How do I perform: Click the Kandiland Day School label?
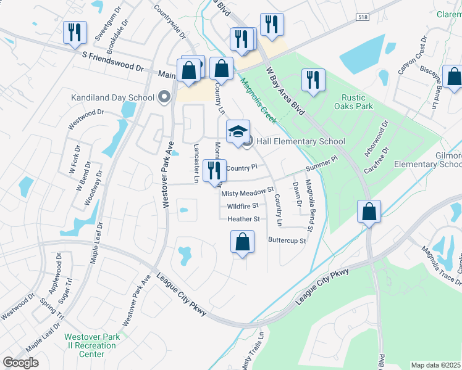(112, 97)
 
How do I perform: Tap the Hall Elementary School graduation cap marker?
(238, 133)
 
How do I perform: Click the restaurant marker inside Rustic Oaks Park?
(313, 81)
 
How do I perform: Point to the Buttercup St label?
(287, 240)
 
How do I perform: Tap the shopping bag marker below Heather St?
(243, 242)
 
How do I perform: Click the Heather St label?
(243, 219)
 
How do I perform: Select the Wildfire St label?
(242, 206)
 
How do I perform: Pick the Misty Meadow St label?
(247, 193)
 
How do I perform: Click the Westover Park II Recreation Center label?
(92, 345)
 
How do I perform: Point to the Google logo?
(20, 363)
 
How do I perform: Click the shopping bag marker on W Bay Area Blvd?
(369, 212)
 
